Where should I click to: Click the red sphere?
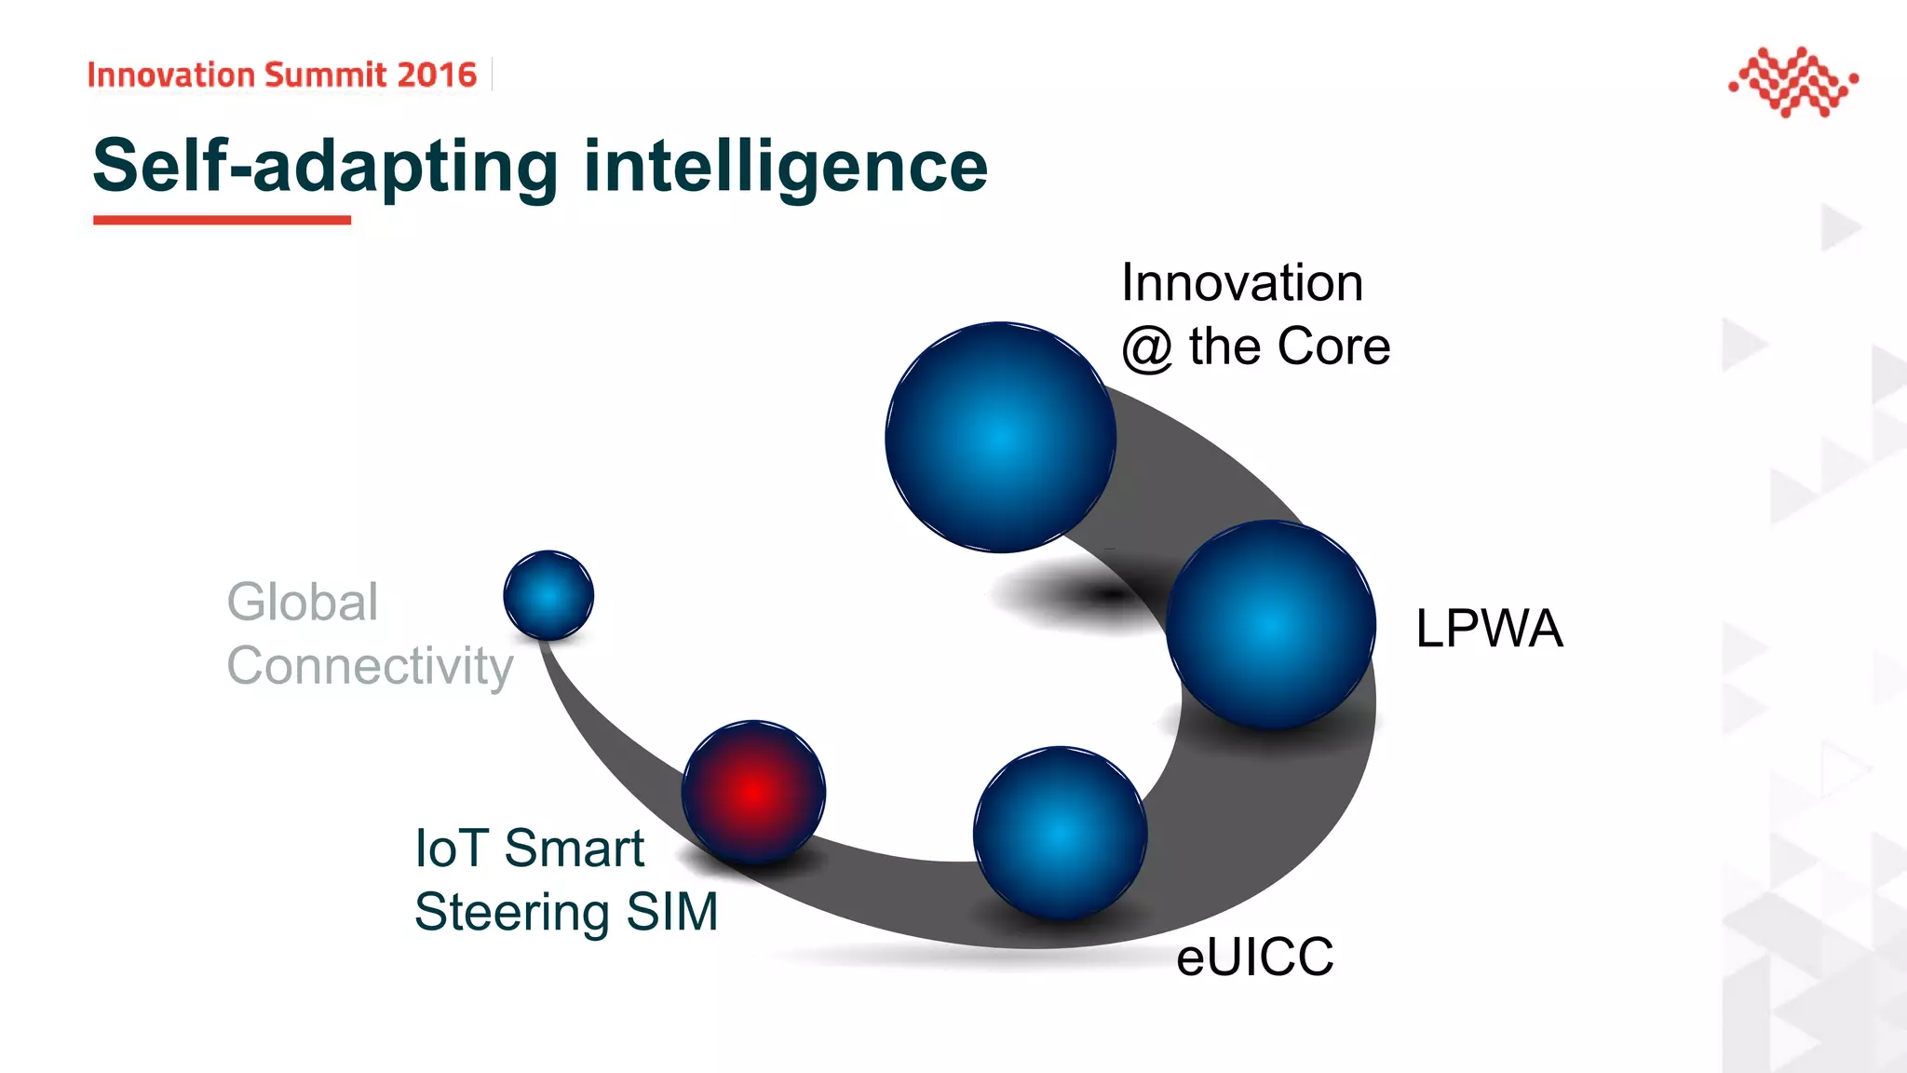tap(753, 792)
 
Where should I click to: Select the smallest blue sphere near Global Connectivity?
tap(548, 595)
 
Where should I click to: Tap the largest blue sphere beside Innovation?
tap(1000, 437)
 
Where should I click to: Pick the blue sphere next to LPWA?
tap(1271, 624)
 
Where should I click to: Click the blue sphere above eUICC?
tap(1060, 833)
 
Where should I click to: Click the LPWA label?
tap(1488, 628)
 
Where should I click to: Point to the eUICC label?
tap(1254, 957)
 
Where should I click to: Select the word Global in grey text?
tap(303, 602)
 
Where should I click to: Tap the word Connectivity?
tap(370, 666)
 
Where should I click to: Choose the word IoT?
tap(452, 849)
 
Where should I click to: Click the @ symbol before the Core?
tap(1146, 349)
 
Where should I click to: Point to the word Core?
tap(1333, 346)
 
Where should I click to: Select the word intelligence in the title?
tap(785, 168)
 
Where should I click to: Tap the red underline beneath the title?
tap(222, 220)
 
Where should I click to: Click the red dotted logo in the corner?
tap(1792, 82)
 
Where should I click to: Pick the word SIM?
tap(671, 912)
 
